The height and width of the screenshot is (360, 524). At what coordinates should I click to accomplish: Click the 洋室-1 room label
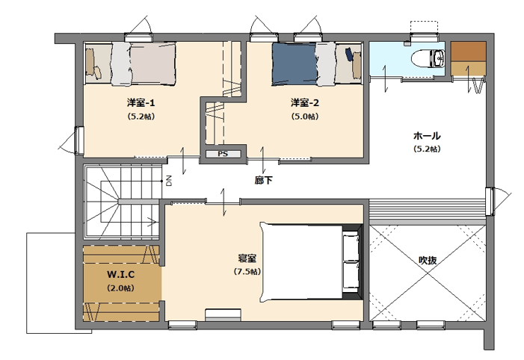(x=141, y=102)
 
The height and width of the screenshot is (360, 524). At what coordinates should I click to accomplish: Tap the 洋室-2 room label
(x=305, y=102)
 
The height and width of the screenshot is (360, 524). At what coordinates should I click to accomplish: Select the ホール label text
(x=427, y=136)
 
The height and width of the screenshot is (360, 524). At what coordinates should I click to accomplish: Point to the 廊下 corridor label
(x=263, y=180)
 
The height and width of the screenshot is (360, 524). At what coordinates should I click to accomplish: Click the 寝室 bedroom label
(x=247, y=258)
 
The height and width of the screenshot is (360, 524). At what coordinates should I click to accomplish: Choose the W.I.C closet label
(x=120, y=275)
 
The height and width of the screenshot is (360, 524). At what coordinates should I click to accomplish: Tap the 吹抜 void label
(x=428, y=260)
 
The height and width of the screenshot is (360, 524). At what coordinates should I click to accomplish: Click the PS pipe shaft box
(x=223, y=154)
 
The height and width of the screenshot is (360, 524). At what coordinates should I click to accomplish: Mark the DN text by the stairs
(x=169, y=181)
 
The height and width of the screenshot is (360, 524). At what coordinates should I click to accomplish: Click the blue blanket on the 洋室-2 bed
(x=295, y=63)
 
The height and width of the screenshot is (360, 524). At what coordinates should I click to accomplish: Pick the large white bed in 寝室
(x=302, y=262)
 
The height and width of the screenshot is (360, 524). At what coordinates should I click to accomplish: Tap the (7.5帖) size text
(x=247, y=272)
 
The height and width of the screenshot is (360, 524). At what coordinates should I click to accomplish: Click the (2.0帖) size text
(x=120, y=288)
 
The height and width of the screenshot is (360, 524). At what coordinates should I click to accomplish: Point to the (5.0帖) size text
(x=305, y=117)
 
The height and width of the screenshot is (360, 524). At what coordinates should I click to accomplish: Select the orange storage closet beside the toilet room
(x=468, y=58)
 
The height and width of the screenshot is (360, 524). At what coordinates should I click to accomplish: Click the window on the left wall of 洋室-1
(x=79, y=140)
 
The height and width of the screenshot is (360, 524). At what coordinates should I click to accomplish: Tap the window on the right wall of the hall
(x=490, y=202)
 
